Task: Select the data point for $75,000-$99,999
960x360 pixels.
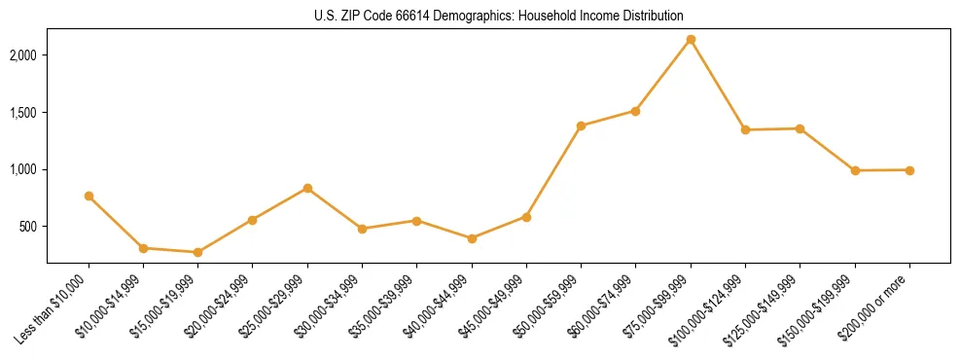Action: pos(691,40)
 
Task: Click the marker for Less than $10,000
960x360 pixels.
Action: pos(89,196)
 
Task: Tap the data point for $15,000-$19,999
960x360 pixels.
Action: pos(198,252)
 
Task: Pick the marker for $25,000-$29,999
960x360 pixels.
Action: pos(307,188)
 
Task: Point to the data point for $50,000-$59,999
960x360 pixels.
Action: pos(581,126)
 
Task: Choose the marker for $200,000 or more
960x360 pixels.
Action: pos(909,170)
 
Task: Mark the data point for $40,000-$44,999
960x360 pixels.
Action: pos(472,238)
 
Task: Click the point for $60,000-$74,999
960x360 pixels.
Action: pos(635,111)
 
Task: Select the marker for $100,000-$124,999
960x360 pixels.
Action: pos(745,129)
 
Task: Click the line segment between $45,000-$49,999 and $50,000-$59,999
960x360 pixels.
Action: pos(553,171)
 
